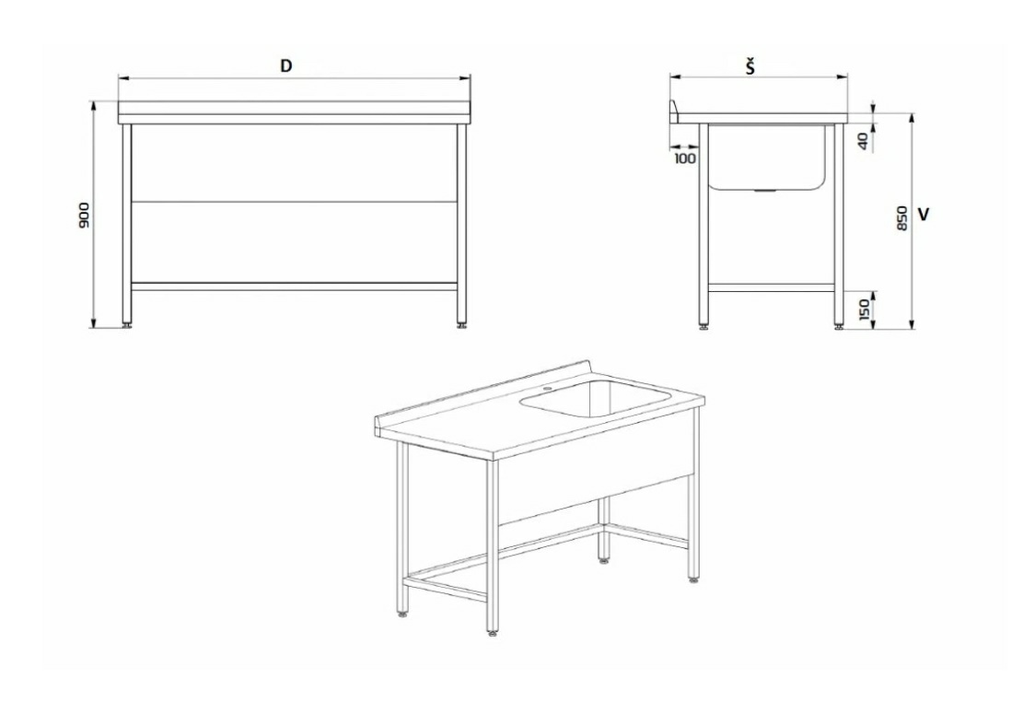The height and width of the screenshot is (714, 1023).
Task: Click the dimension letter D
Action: tap(285, 65)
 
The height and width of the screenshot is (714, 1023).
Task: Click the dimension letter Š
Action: tap(751, 65)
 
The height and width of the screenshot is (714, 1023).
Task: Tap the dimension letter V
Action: tap(924, 214)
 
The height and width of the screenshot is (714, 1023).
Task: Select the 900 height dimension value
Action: tap(84, 215)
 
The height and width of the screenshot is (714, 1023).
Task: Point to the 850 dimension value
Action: tap(902, 218)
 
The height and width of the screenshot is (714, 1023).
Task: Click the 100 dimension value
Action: tap(684, 158)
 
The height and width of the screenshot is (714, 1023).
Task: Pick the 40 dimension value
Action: tap(863, 142)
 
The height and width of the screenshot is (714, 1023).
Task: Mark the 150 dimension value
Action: tap(865, 310)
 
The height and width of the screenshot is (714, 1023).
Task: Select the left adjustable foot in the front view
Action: tap(126, 322)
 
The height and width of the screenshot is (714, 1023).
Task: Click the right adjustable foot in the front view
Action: tap(462, 322)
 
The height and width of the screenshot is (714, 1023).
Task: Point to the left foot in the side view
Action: tap(703, 324)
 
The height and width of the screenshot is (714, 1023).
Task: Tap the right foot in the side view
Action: tap(838, 324)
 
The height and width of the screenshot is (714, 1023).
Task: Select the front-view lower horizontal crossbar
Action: tap(295, 286)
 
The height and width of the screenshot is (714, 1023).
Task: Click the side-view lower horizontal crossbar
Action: tap(771, 287)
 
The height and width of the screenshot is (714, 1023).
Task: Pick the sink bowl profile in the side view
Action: tap(767, 157)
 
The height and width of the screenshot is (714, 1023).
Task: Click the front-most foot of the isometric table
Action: tap(492, 631)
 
